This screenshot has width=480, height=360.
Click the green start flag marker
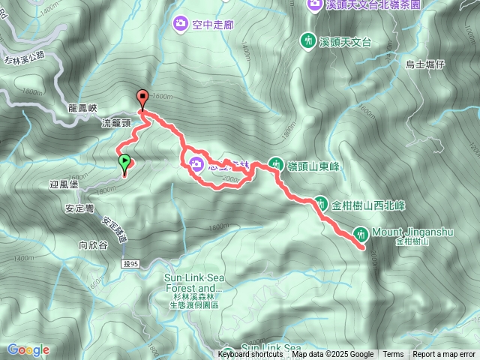coord(124,161)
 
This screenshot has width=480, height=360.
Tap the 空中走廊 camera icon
coord(181,24)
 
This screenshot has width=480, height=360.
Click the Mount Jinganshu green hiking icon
coord(361,234)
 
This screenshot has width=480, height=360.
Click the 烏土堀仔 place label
coord(425,64)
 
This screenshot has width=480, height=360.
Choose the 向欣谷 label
coord(93,244)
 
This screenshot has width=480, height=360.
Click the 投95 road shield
coord(129,263)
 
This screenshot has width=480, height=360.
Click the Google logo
coord(28,349)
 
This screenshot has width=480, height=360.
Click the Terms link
coord(393,355)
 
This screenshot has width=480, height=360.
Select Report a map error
coord(444,355)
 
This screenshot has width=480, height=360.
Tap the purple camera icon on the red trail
coord(197,164)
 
